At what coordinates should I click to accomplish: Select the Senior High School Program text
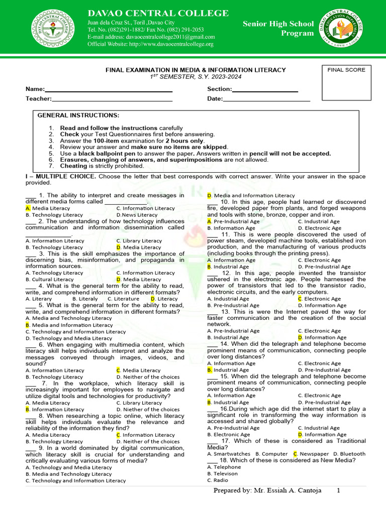click(278, 29)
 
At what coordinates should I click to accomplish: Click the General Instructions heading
click(78, 115)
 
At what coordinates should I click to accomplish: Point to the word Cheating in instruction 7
click(73, 166)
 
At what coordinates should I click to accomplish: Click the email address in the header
click(151, 37)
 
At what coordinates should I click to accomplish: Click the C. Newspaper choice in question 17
click(309, 454)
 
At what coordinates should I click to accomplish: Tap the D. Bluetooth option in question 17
click(347, 454)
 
